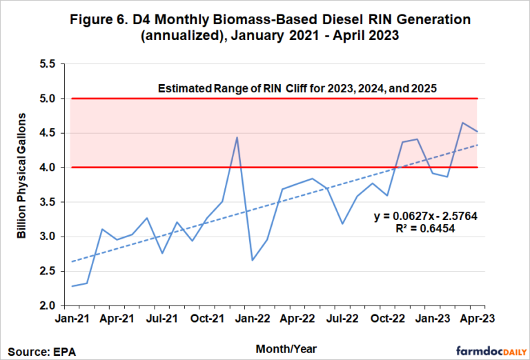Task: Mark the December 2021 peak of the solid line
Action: click(x=237, y=137)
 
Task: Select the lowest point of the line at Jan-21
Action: click(x=72, y=286)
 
